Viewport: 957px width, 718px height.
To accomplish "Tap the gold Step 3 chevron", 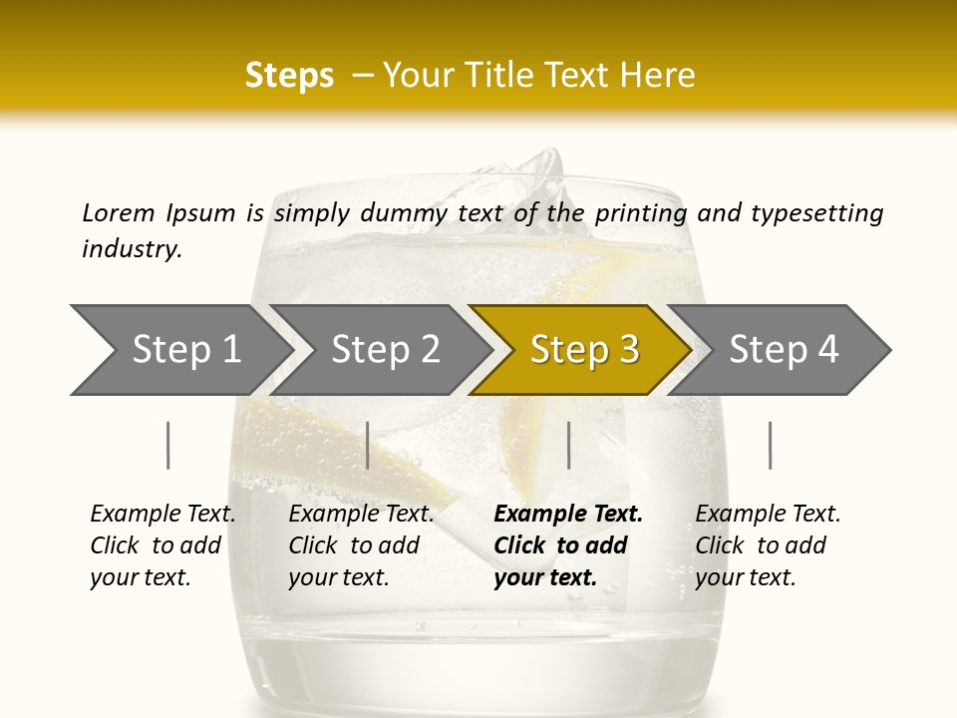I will point(584,350).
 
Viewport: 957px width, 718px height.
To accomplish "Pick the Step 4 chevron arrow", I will point(784,350).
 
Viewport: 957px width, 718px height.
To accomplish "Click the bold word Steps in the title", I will point(289,75).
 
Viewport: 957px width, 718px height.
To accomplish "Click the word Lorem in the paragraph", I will point(119,212).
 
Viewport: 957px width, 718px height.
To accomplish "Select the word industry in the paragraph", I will point(132,248).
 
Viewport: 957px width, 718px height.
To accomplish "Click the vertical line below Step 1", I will point(168,445).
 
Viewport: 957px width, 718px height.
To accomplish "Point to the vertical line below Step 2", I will point(368,445).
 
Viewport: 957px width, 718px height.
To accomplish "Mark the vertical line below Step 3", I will point(568,445).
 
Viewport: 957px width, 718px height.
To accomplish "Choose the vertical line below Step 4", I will point(770,445).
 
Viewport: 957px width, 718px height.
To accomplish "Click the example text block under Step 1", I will point(162,545).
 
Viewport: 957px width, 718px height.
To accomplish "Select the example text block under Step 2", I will point(361,545).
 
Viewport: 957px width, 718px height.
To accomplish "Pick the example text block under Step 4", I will point(768,545).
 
